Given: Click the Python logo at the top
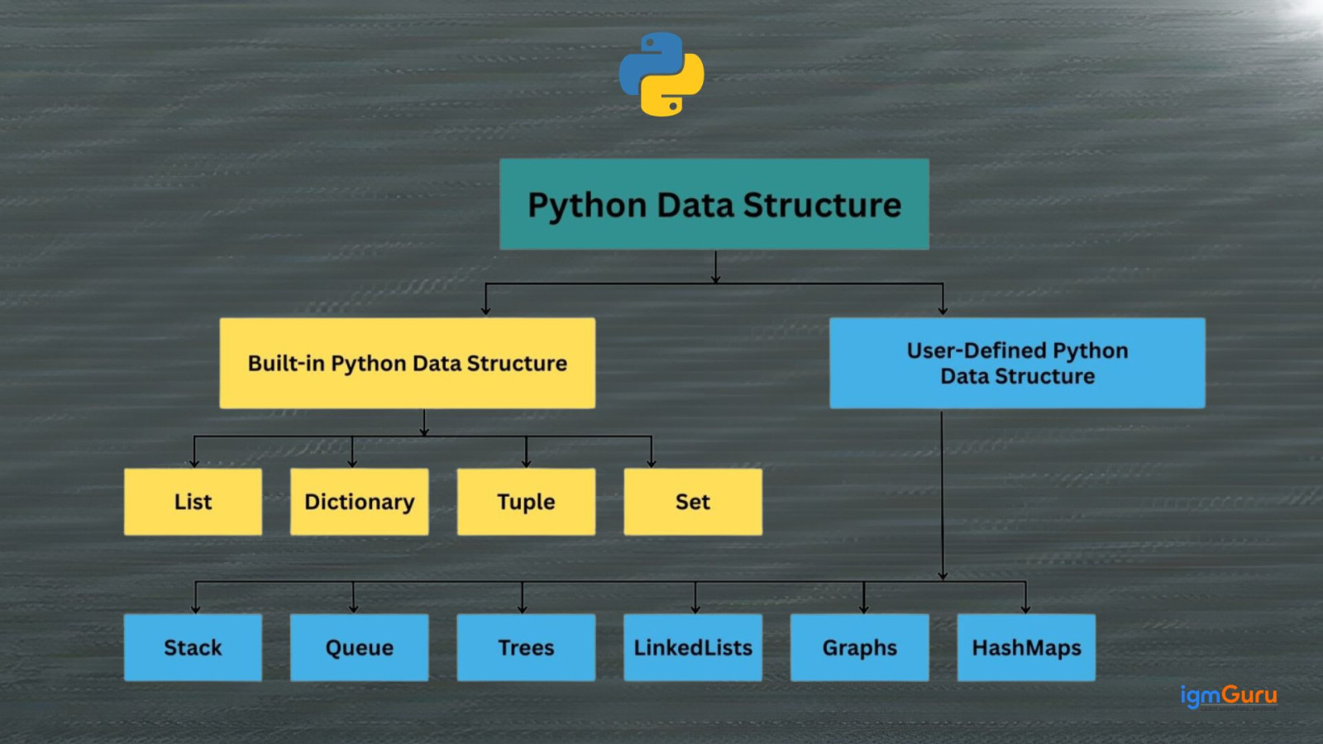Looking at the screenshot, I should coord(661,74).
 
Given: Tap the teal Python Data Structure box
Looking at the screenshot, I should coord(714,204).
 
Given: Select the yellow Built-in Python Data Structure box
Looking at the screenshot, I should coord(407,363).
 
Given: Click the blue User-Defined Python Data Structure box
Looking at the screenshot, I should coord(1017,363).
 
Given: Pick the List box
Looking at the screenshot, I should coord(193,502).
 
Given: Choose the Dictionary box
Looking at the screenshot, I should coord(359,502).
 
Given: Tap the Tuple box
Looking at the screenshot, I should coord(526,502).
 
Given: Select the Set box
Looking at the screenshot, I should coord(693,502).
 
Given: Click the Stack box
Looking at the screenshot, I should coord(193,647).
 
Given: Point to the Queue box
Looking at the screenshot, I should coord(359,647).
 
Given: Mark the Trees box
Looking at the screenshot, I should coord(526,647).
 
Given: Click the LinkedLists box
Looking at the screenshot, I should coord(693,647).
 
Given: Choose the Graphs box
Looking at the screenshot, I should coord(859,647).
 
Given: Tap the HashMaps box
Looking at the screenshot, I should coord(1026,647).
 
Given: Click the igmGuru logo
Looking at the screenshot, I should coord(1228,696).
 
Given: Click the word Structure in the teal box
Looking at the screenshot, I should coord(822,205).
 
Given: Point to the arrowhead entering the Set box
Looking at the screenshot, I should coord(652,463).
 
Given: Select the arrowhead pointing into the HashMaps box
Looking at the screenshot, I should coord(1025,608).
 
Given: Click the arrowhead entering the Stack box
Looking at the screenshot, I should coord(195,608).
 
